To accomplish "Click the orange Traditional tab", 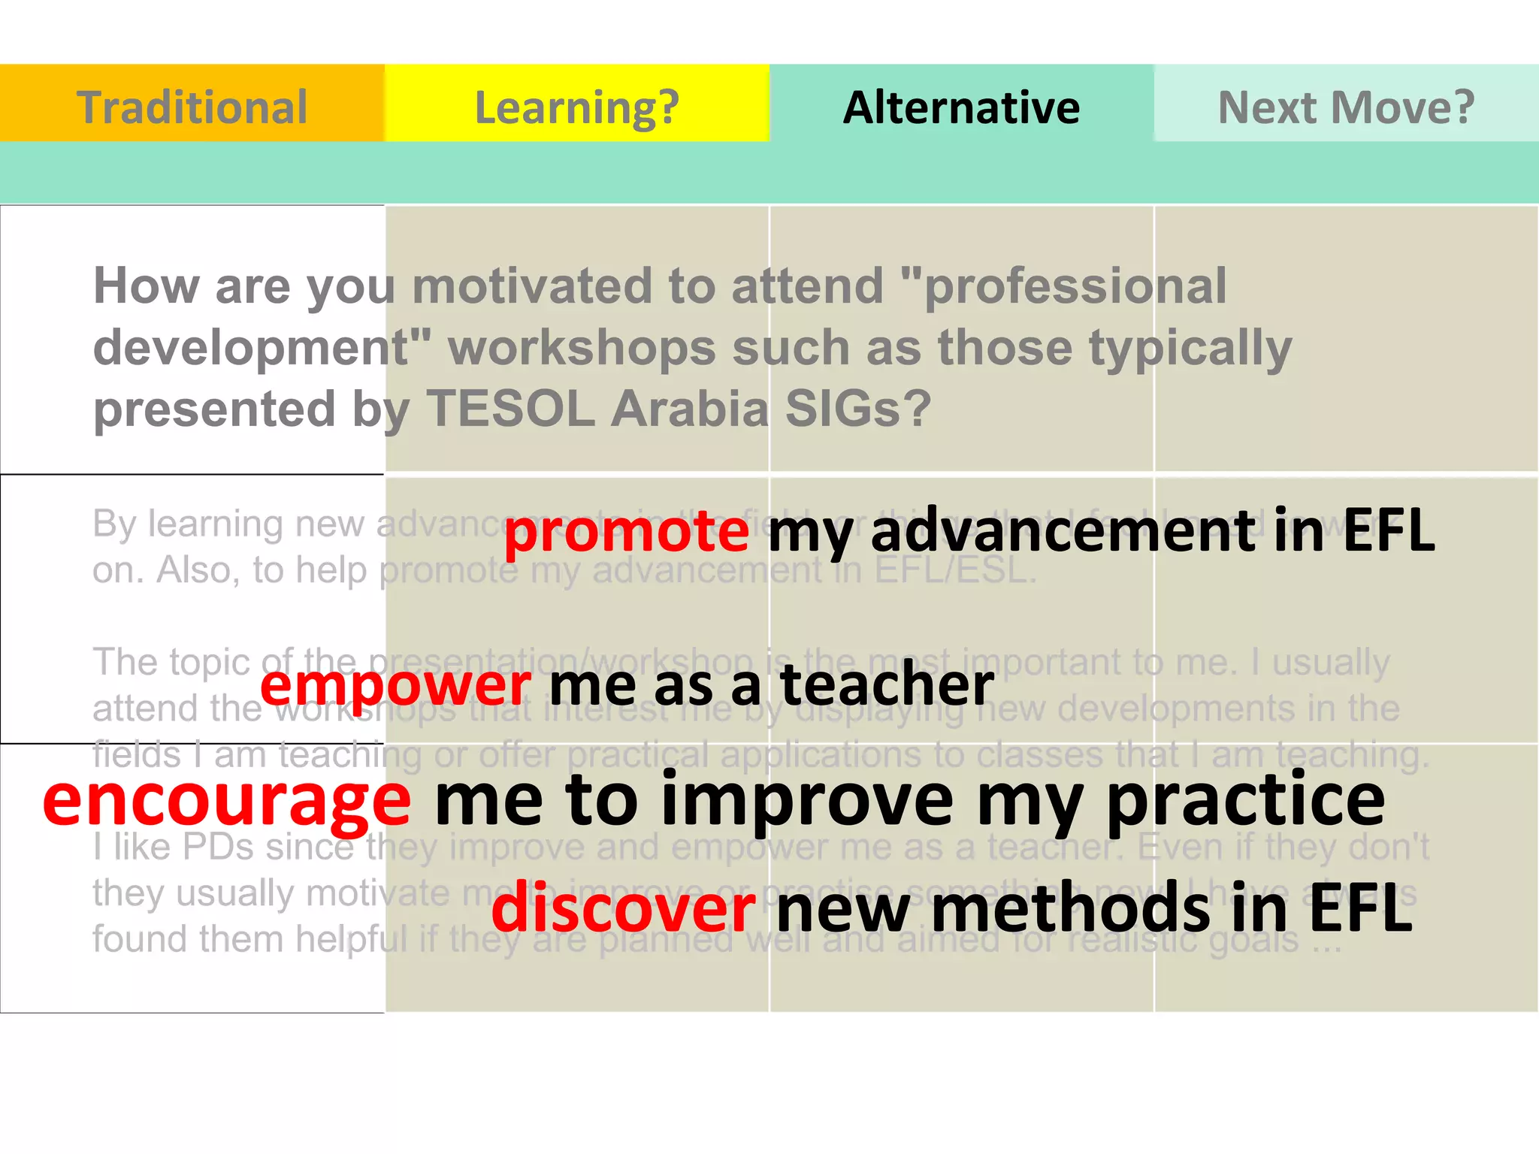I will click(192, 107).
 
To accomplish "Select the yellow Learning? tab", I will click(576, 107).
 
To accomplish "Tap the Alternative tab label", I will click(961, 107).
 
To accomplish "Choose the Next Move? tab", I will click(1346, 107).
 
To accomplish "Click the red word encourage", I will click(227, 801).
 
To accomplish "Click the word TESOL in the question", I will click(511, 409).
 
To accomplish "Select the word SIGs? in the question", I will click(857, 409).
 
